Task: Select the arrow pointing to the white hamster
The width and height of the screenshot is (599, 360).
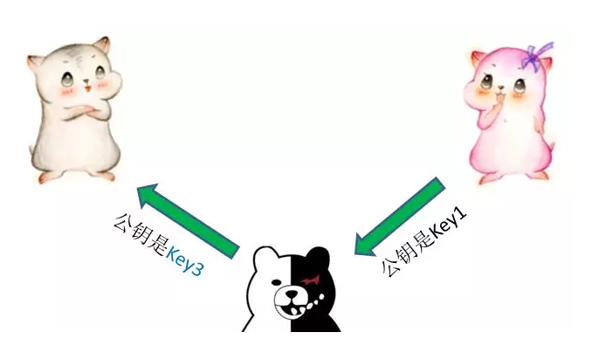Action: click(x=189, y=219)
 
